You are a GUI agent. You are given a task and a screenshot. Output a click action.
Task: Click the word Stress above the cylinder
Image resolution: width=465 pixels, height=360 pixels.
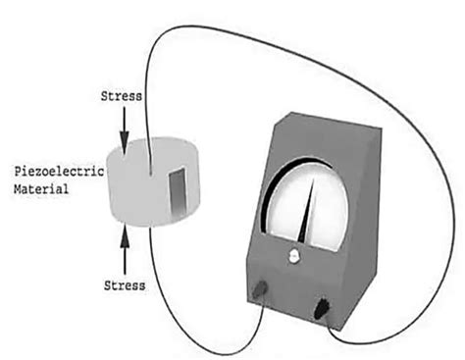tap(122, 96)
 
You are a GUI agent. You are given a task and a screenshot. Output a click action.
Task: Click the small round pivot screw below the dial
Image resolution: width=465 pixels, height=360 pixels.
tap(292, 258)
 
